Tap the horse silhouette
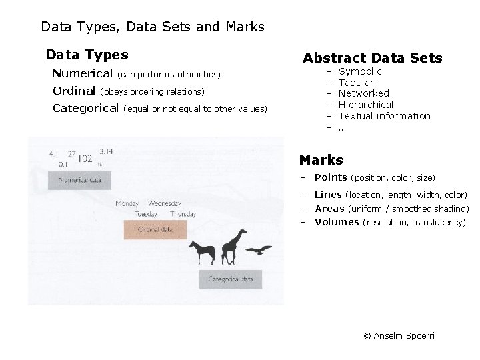pyautogui.click(x=202, y=252)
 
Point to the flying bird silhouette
pyautogui.click(x=259, y=250)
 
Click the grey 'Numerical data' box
pyautogui.click(x=80, y=180)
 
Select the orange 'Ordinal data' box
pyautogui.click(x=155, y=229)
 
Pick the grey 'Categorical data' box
pyautogui.click(x=231, y=279)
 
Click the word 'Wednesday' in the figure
pyautogui.click(x=164, y=203)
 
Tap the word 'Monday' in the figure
pyautogui.click(x=127, y=203)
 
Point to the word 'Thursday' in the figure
pyautogui.click(x=183, y=214)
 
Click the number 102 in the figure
pyautogui.click(x=85, y=159)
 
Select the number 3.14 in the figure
pyautogui.click(x=106, y=151)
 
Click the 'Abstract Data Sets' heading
pyautogui.click(x=372, y=59)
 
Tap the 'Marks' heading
pyautogui.click(x=321, y=160)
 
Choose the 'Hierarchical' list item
pyautogui.click(x=366, y=105)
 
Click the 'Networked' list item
pyautogui.click(x=363, y=93)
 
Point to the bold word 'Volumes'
pyautogui.click(x=337, y=222)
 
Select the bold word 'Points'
pyautogui.click(x=331, y=177)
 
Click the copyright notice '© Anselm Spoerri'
pyautogui.click(x=399, y=335)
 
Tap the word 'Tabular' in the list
pyautogui.click(x=356, y=83)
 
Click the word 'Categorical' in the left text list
pyautogui.click(x=85, y=108)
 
